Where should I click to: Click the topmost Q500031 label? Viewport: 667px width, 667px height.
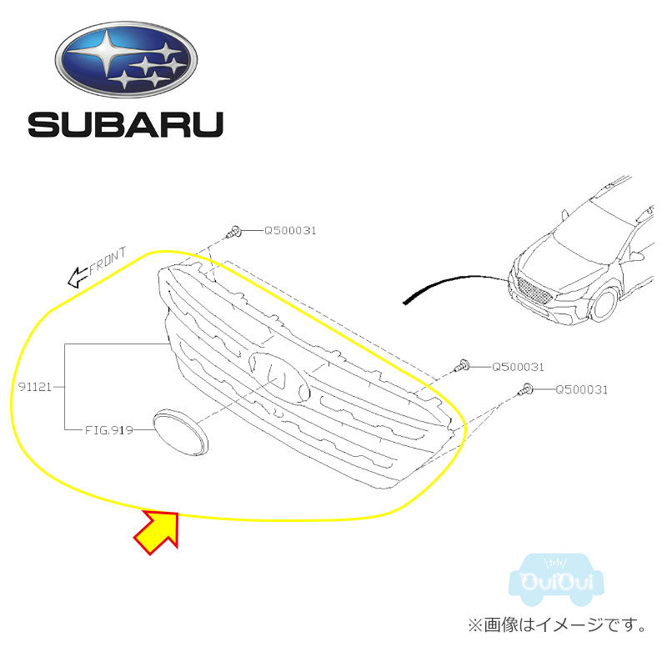[x=290, y=230]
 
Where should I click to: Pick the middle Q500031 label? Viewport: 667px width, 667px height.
[x=518, y=366]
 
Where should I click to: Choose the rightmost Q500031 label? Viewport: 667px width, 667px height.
[x=581, y=389]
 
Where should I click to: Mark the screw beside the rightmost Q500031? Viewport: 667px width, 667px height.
[x=525, y=389]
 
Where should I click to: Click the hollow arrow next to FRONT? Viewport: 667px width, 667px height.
[x=78, y=274]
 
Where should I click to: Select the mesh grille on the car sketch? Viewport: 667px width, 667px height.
[x=533, y=291]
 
